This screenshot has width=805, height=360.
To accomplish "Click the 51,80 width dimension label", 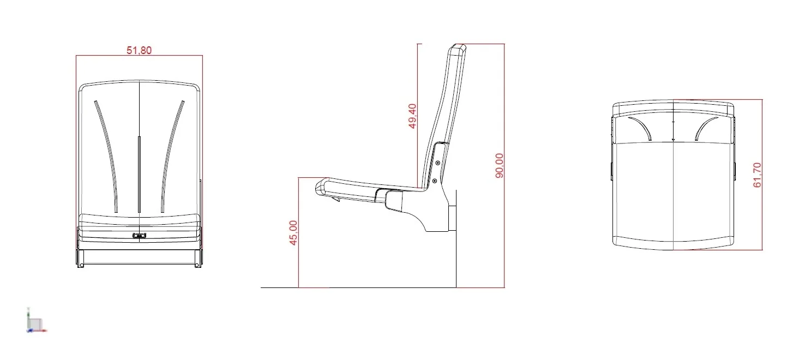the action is [x=139, y=50].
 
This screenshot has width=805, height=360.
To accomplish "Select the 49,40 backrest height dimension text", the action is [x=412, y=116].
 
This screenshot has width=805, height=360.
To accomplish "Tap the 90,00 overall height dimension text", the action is [x=500, y=166].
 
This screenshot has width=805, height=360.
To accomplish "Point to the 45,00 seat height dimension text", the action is [x=293, y=233].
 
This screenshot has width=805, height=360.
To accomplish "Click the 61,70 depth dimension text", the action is [x=757, y=175].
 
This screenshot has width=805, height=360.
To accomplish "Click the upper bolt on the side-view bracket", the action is [x=438, y=163].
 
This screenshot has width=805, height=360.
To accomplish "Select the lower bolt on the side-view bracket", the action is [x=435, y=181].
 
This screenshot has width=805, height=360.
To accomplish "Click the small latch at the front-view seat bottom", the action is [x=140, y=236].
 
